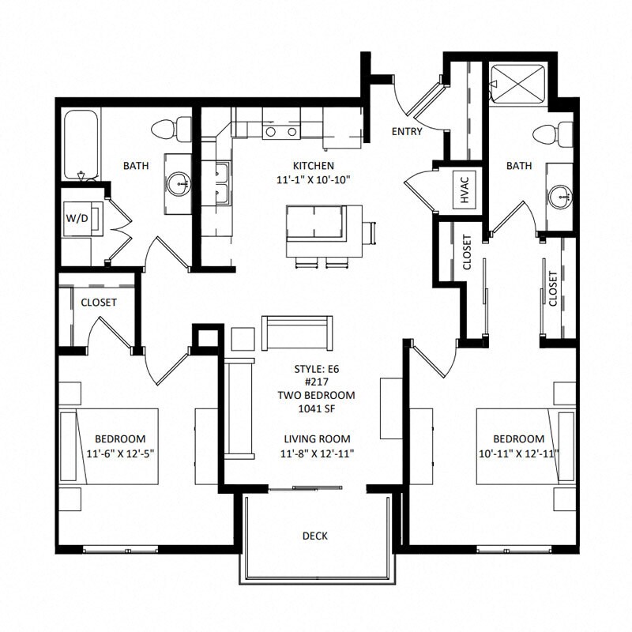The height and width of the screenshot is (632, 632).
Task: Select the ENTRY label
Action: click(407, 131)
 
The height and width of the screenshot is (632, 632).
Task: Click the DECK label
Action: click(315, 536)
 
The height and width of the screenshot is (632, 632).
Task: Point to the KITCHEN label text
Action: click(314, 166)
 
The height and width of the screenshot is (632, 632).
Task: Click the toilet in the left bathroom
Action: click(174, 127)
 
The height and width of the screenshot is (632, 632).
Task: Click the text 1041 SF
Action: click(315, 409)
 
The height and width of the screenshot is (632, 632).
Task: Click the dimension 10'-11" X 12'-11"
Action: click(518, 453)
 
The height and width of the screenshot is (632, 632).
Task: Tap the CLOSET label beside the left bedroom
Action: click(99, 303)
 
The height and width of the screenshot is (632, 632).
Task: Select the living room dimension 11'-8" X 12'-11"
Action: click(315, 453)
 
